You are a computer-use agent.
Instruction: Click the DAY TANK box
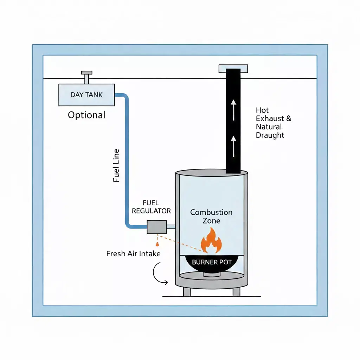click(86, 95)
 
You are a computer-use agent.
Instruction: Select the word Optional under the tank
click(86, 115)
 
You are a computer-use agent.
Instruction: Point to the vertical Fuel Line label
click(116, 166)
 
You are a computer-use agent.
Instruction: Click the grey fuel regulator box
click(156, 227)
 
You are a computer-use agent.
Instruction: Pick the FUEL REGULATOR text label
click(151, 207)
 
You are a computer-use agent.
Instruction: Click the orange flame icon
click(211, 240)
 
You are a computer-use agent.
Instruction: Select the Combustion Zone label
click(211, 217)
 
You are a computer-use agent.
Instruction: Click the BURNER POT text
click(212, 262)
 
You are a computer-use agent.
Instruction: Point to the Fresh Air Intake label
click(133, 253)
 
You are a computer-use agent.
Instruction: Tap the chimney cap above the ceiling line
click(233, 69)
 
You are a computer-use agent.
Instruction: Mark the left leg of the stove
click(187, 291)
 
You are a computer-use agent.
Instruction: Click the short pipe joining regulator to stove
click(171, 227)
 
